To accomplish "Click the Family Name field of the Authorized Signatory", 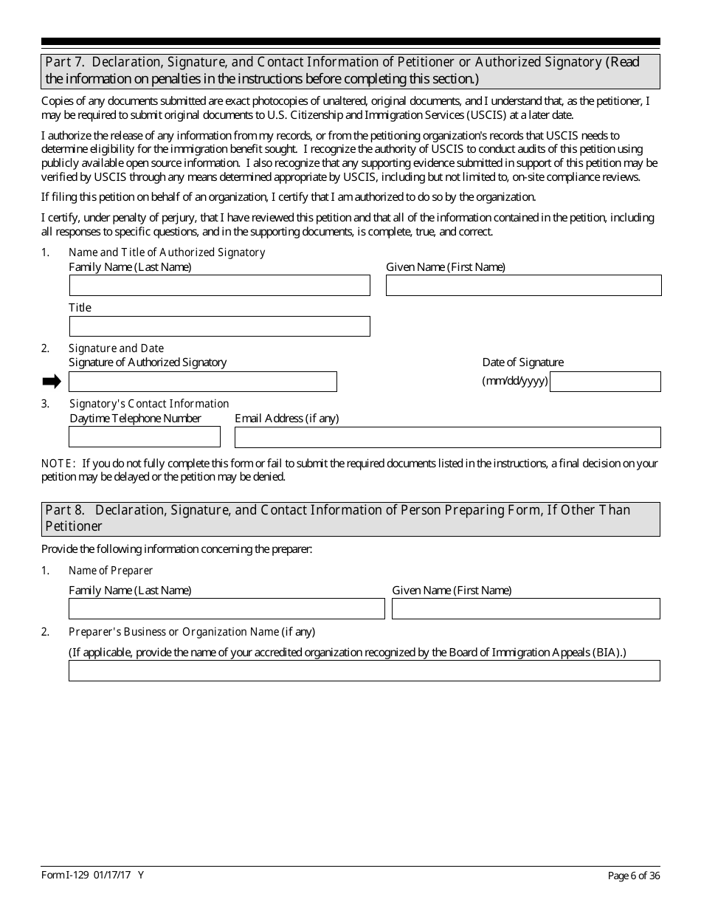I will pos(219,286).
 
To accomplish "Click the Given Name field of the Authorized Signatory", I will pos(523,286).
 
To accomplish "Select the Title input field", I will pos(219,326).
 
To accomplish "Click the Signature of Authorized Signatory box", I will pos(202,382).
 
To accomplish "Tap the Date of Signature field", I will pos(605,382).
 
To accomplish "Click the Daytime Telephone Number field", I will pos(144,437).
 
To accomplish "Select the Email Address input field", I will pos(447,437).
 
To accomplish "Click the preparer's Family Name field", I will pos(227,608).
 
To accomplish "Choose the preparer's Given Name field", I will pos(525,608).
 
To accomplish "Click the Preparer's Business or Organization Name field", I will pos(364,670).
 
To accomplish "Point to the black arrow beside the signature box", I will pos(52,382).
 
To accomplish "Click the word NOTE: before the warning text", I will pos(58,464).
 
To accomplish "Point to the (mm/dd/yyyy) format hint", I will pos(515,382).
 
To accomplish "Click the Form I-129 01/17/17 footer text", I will pos(93,876).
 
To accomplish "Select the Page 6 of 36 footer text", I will pos(633,876).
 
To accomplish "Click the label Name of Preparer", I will pos(111,571).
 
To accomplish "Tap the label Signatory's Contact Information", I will pos(149,404).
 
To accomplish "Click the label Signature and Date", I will pos(117,348).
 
